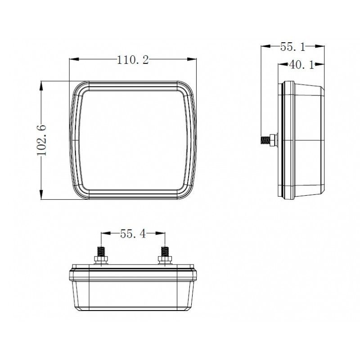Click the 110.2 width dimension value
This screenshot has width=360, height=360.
tap(133, 60)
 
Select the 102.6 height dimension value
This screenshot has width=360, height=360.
tap(41, 140)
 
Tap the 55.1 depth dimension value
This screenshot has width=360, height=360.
tap(293, 47)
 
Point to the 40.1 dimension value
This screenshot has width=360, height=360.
tap(301, 65)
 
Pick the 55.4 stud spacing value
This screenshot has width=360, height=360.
tap(133, 234)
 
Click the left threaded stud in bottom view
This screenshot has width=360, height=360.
tap(101, 252)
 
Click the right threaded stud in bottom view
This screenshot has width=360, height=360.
tap(165, 252)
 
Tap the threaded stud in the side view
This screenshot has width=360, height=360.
tap(265, 140)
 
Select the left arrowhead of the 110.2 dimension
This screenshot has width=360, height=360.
tap(74, 59)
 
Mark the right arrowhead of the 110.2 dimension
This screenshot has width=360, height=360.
tap(192, 59)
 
